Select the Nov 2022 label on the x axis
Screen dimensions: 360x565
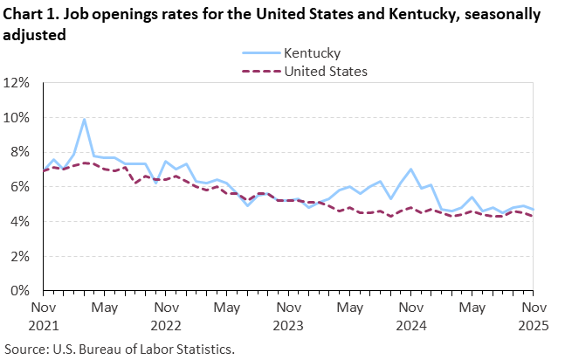click(165, 315)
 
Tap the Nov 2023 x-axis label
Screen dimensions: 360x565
click(287, 315)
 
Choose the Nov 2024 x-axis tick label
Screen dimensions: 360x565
click(410, 315)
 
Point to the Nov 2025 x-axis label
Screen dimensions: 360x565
click(533, 315)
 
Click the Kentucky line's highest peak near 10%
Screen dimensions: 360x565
click(84, 119)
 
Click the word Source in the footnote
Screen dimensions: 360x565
click(26, 348)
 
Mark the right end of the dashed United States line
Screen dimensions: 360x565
click(533, 216)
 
